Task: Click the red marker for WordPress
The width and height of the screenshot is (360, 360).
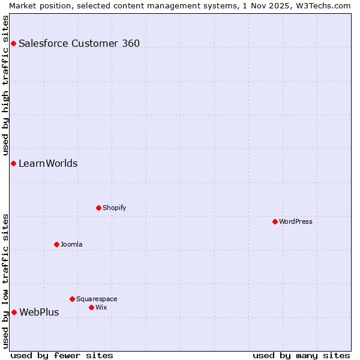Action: (x=275, y=221)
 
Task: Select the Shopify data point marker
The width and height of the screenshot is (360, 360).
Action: (x=98, y=208)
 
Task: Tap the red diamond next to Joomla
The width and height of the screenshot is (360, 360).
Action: (x=56, y=244)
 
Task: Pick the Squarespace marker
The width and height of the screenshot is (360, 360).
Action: (x=72, y=299)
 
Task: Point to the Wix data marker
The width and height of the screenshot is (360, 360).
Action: (x=91, y=307)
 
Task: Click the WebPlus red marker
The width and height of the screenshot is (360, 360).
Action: (x=14, y=312)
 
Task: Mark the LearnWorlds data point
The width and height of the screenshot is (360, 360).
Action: (x=13, y=163)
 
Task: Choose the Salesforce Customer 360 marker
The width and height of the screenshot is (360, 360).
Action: (x=13, y=43)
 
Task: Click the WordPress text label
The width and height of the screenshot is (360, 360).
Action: (x=296, y=221)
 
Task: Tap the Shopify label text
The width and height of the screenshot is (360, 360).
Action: (x=114, y=208)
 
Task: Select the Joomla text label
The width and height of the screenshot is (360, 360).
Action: (x=71, y=244)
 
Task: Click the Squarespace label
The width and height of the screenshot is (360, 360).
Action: (x=97, y=299)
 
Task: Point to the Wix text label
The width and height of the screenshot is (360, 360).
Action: (x=101, y=307)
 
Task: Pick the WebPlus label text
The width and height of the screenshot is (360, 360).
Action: (x=39, y=312)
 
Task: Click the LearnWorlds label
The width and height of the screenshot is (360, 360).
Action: (x=48, y=163)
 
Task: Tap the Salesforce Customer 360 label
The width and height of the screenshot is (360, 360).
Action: (x=79, y=43)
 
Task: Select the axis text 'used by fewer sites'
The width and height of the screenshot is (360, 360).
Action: (x=62, y=355)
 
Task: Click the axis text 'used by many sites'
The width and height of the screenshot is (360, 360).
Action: (x=301, y=355)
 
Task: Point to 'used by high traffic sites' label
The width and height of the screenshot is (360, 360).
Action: (x=5, y=84)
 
